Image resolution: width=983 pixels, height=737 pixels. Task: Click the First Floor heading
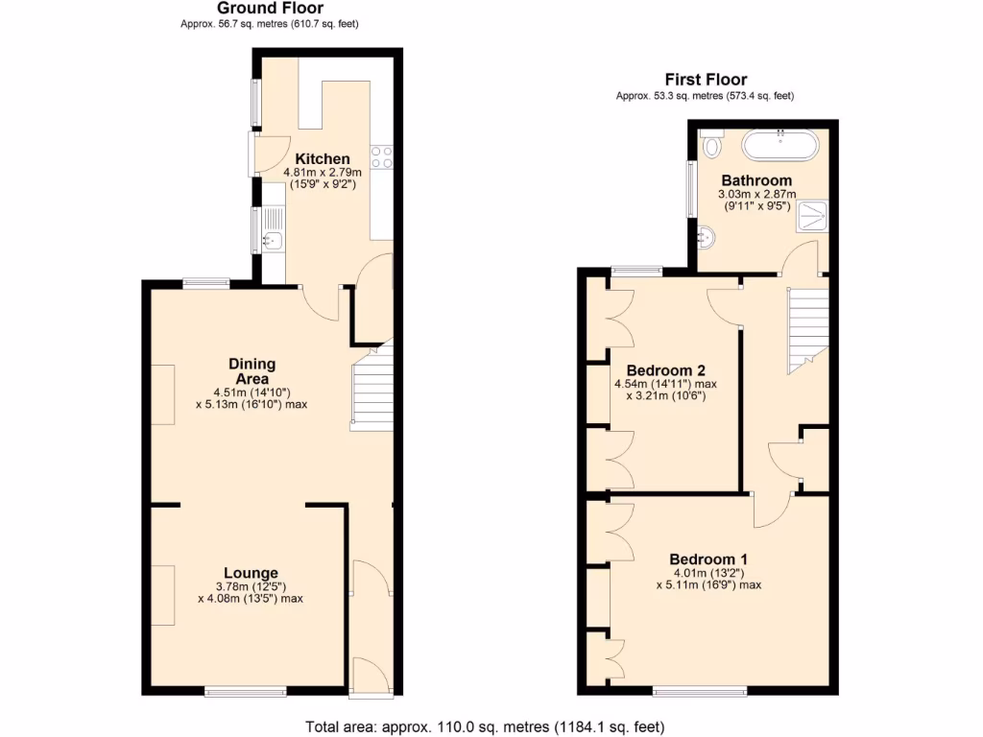pyautogui.click(x=706, y=80)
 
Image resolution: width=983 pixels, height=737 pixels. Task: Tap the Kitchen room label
pyautogui.click(x=322, y=158)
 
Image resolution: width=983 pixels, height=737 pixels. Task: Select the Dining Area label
pyautogui.click(x=252, y=371)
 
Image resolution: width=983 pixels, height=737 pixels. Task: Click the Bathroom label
pyautogui.click(x=756, y=180)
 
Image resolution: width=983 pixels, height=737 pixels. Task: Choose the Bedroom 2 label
pyautogui.click(x=665, y=370)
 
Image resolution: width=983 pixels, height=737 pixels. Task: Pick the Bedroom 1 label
pyautogui.click(x=708, y=559)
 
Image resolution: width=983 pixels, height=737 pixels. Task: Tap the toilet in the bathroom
pyautogui.click(x=711, y=146)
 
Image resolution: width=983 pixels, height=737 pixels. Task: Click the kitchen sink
pyautogui.click(x=272, y=240)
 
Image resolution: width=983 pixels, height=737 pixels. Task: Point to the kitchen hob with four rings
pyautogui.click(x=382, y=156)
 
